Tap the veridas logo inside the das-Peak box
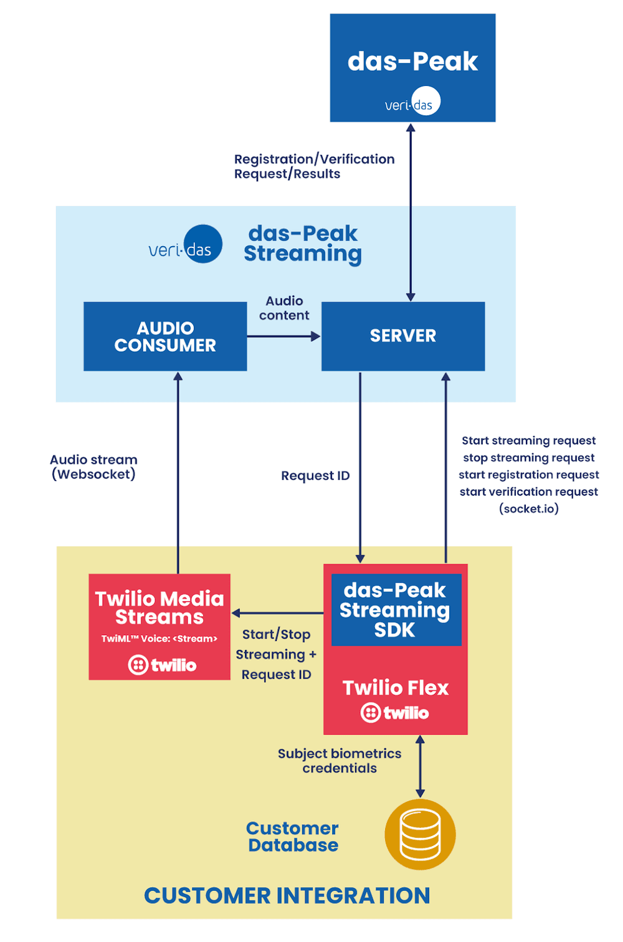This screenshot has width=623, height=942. pos(412,103)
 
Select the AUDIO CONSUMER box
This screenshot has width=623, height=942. pos(165,336)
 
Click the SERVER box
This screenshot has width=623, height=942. pos(403,336)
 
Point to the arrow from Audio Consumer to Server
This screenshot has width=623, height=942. pos(283,336)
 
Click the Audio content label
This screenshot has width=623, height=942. pos(284,308)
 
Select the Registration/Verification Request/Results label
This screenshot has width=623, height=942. pos(314,166)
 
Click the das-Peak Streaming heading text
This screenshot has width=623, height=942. pos(303,244)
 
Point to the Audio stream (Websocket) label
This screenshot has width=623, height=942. pos(93,467)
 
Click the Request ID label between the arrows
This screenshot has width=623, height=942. pos(315,476)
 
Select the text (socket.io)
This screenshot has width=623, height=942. pos(529,509)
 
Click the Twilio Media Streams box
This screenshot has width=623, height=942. pos(159,626)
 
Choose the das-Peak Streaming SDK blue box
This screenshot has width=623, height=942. pos(396,610)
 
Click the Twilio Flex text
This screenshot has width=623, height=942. pos(396,688)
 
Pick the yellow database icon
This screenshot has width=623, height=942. pos(420,834)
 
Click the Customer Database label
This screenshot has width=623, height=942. pos(293,837)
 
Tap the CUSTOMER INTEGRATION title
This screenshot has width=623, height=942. pos(287,896)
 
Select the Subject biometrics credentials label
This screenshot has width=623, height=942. pos(340,761)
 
